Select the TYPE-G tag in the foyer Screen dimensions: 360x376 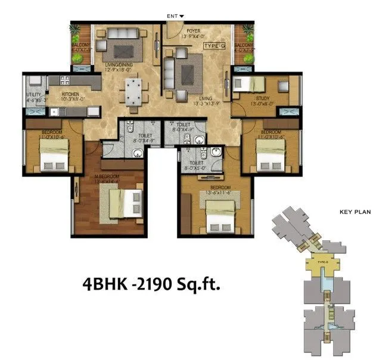pos(213,46)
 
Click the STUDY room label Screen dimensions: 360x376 pos(263,99)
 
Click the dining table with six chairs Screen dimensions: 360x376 pos(133,92)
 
